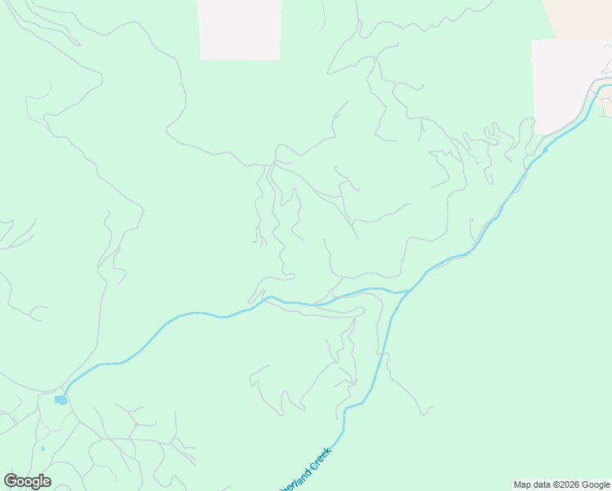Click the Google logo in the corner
27,481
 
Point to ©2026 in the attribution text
568,484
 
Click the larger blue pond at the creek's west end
61,400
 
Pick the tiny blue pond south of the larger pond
43,448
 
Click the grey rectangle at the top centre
240,29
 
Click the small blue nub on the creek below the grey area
545,150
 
